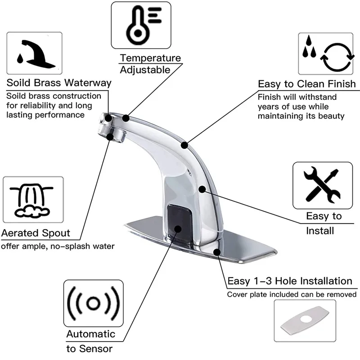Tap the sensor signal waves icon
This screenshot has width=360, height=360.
point(93,303)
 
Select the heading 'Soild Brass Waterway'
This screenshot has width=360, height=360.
point(58,83)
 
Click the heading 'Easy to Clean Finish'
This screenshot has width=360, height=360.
point(306,84)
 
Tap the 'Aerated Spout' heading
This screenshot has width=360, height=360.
point(36,233)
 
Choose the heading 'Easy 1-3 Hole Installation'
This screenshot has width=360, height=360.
point(290,281)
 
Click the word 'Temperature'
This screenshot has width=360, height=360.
point(150,58)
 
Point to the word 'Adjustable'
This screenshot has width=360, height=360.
point(145,70)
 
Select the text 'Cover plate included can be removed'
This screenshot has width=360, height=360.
point(292,295)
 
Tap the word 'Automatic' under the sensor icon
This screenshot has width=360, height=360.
point(90,334)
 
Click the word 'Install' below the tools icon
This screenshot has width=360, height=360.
point(320,231)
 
